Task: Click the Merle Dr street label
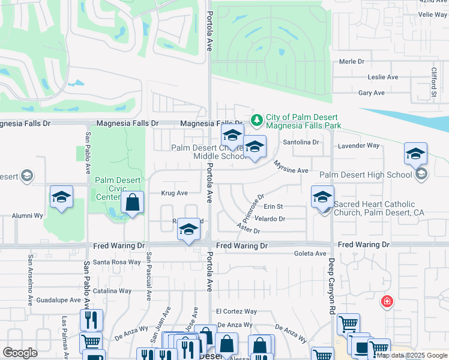point(352,61)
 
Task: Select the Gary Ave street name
point(371,93)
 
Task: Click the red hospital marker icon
point(387,301)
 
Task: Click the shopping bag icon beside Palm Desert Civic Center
point(133,203)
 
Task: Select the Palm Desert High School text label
point(366,175)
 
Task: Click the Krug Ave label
point(174,193)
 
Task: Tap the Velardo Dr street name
point(270,219)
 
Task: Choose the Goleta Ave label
point(310,254)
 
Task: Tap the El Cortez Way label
point(237,311)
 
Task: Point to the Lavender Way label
point(359,146)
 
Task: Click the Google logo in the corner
point(20,352)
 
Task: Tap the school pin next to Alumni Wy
point(61,197)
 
